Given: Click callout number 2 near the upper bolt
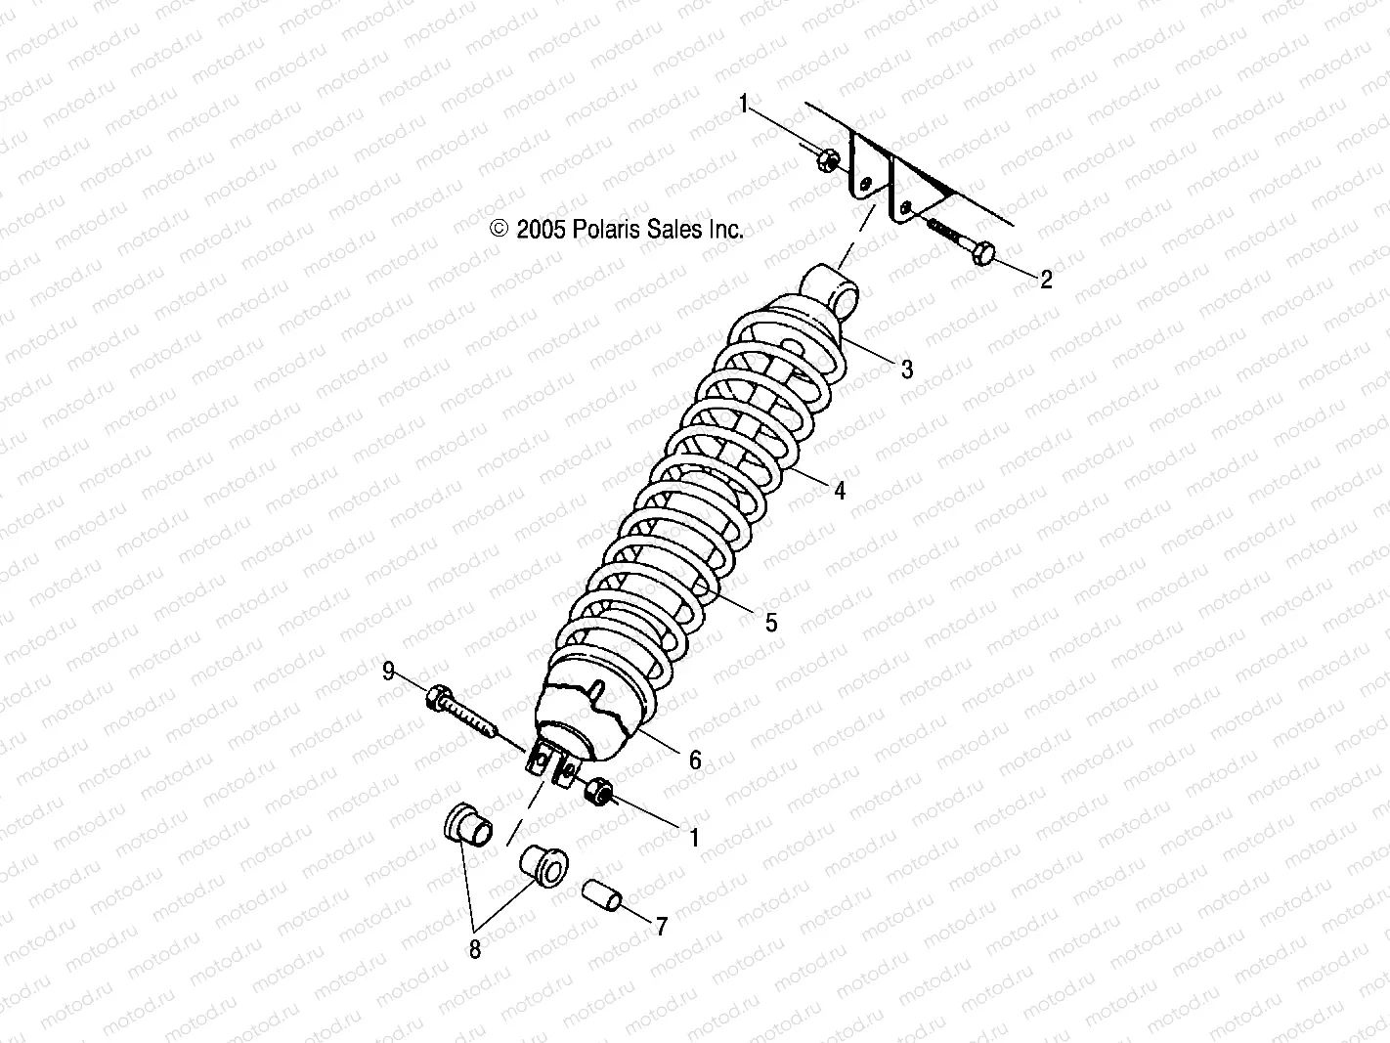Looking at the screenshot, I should tap(1046, 280).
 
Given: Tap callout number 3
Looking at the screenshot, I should tap(906, 369).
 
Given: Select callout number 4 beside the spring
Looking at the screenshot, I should tap(839, 491).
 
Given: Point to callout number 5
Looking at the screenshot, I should tap(771, 622).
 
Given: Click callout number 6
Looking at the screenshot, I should tap(695, 761).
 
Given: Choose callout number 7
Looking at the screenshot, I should tap(661, 926).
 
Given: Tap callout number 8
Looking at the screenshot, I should tap(475, 949).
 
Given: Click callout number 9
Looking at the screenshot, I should tap(388, 672).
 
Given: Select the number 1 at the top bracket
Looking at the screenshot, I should tap(744, 104).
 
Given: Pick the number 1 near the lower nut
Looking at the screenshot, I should tap(695, 838).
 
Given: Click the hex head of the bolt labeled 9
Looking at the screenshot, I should tap(436, 698).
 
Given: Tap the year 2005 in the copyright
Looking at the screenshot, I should tap(542, 230).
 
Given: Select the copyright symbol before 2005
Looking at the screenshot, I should tap(500, 230).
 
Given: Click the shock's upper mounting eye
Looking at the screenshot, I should tap(831, 287).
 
